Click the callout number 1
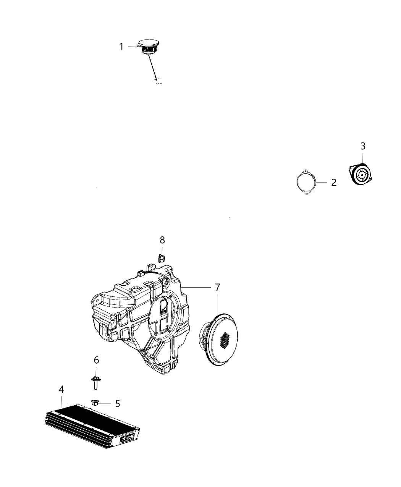coord(121,47)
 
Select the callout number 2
coord(333,183)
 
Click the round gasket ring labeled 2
coord(306,182)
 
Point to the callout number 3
coord(362,146)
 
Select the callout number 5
coord(117,403)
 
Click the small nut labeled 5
coord(95,402)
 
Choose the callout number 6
coord(96,360)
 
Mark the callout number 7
coord(217,286)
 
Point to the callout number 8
coord(162,240)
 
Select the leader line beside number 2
coord(322,183)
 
